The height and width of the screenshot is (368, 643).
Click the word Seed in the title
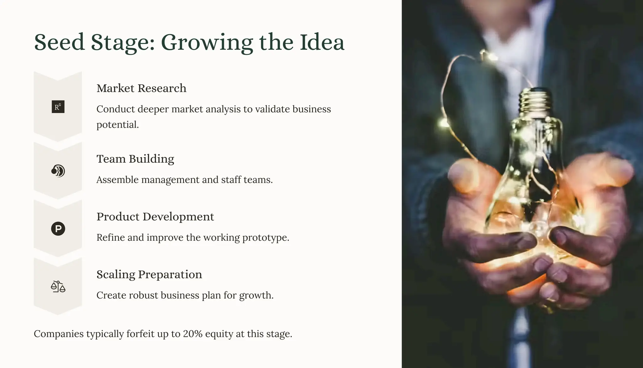click(59, 42)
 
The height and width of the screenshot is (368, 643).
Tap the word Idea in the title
click(322, 42)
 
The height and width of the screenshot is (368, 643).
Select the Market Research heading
click(141, 88)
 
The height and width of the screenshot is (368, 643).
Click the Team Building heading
click(135, 159)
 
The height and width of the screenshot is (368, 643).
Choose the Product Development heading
click(155, 217)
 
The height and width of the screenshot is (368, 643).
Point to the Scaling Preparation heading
click(149, 275)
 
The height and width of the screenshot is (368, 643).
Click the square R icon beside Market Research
click(58, 107)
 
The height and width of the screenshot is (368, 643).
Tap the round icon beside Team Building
click(58, 171)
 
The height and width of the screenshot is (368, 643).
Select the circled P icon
click(58, 229)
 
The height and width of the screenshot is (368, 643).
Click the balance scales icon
click(58, 287)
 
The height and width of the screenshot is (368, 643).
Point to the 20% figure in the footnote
click(192, 334)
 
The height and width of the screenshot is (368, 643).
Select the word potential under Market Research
click(117, 125)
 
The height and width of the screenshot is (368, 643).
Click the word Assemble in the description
click(117, 180)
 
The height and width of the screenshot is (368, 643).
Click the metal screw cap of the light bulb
click(536, 102)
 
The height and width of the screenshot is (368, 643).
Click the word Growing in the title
click(207, 43)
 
